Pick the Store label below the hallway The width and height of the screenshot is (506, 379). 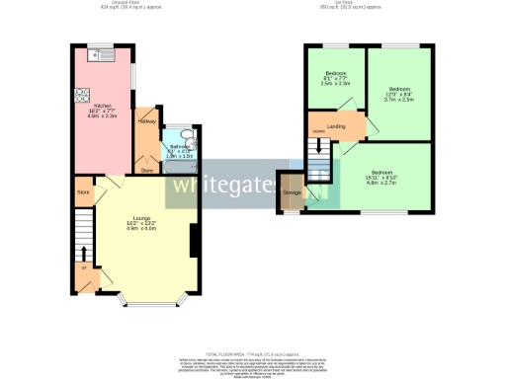146,171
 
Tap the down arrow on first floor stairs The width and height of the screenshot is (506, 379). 318,150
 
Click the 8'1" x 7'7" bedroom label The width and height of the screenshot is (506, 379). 335,78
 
